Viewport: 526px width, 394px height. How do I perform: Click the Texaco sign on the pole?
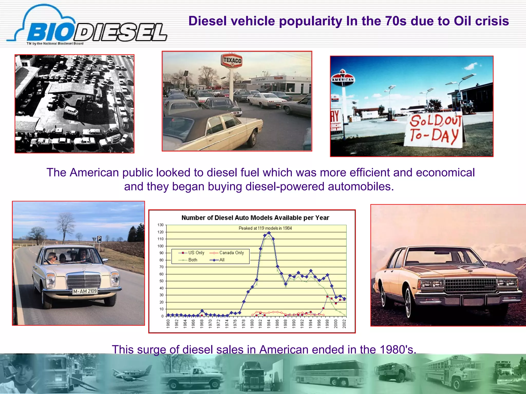pyautogui.click(x=231, y=61)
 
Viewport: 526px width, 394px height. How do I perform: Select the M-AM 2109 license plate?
pyautogui.click(x=85, y=291)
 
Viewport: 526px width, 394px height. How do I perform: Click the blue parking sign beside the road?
pyautogui.click(x=99, y=239)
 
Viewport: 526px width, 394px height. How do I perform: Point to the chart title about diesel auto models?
pyautogui.click(x=255, y=218)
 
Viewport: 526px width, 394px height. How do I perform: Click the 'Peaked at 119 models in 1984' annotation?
pyautogui.click(x=265, y=228)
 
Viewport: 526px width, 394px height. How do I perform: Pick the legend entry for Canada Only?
pyautogui.click(x=231, y=253)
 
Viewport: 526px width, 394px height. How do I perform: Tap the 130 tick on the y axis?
pyautogui.click(x=161, y=225)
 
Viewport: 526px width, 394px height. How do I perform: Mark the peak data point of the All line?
pyautogui.click(x=269, y=233)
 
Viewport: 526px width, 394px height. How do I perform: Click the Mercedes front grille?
pyautogui.click(x=84, y=281)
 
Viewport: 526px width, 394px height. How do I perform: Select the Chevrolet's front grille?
pyautogui.click(x=470, y=285)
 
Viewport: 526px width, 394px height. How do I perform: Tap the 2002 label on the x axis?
pyautogui.click(x=344, y=324)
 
